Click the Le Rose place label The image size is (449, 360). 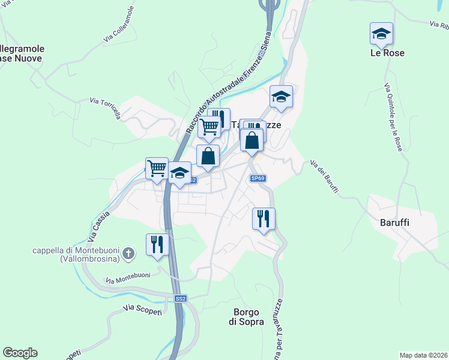point(387,53)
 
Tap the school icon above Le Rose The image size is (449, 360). point(381,34)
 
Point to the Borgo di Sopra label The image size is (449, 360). point(246,317)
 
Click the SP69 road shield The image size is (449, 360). point(258,178)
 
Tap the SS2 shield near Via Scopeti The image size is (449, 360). point(181,298)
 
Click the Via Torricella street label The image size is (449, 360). point(105,109)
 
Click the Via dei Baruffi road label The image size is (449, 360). point(325,177)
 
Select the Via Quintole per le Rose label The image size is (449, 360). point(393,116)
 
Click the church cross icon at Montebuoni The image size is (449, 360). point(127,255)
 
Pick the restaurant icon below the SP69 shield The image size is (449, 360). point(264,219)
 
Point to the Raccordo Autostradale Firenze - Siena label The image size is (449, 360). point(228,83)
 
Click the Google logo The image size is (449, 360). point(20,353)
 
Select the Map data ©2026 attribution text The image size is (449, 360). point(423,355)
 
